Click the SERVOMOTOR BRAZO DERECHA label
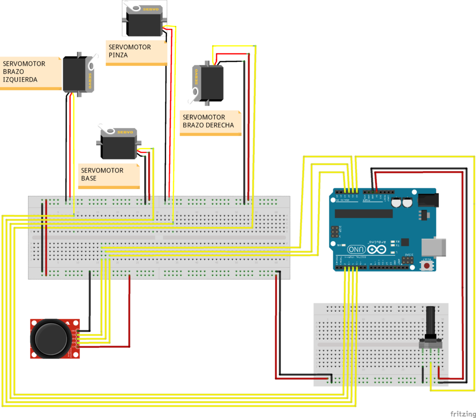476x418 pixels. click(208, 121)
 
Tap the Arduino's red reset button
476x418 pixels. click(426, 266)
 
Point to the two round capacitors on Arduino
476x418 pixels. click(402, 203)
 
